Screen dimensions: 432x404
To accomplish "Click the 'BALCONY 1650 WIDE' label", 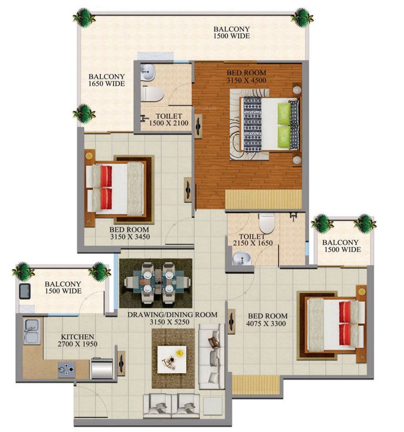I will coord(106,80).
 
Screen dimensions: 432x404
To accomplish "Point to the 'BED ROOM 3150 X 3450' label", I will coord(129,233).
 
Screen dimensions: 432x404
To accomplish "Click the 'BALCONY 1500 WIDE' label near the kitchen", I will coord(63,287).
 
